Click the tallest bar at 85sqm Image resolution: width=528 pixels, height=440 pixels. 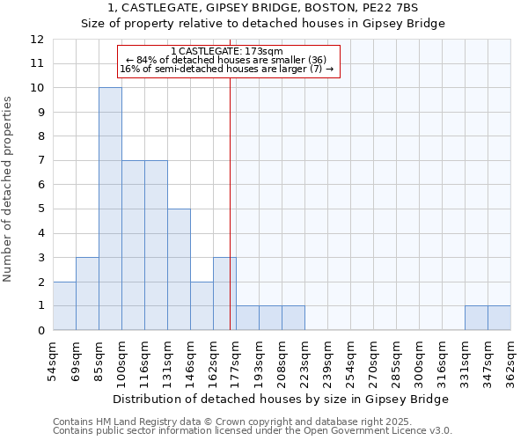[110, 209]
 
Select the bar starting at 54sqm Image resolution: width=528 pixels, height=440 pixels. [64, 305]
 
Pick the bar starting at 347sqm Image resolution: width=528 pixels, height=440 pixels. [499, 318]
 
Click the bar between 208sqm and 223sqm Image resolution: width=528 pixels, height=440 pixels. [293, 318]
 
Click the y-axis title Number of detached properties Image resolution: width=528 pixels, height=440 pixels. [9, 190]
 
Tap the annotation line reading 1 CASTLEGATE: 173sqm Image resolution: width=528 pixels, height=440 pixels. [226, 52]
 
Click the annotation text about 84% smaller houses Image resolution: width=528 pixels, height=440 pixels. [226, 60]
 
